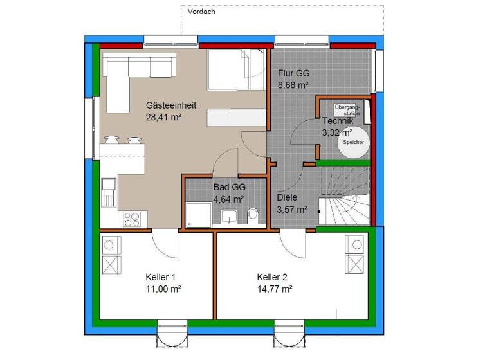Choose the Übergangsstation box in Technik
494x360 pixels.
point(347,109)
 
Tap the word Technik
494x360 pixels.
point(338,122)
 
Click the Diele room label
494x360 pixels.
point(288,198)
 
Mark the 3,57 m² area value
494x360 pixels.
point(292,209)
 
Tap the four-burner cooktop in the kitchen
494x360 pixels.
point(132,219)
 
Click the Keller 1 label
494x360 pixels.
point(160,277)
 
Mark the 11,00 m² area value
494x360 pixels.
point(163,289)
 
